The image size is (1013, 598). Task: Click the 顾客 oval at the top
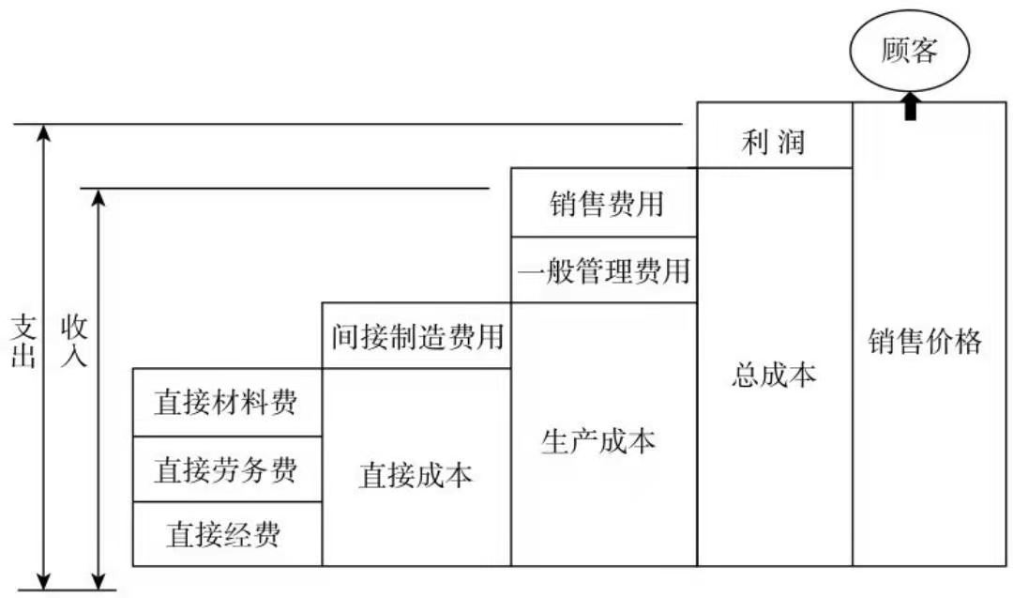coord(909,51)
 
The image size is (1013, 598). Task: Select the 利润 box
coord(774,145)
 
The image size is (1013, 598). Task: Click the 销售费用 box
coord(604,203)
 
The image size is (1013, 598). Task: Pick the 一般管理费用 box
coord(604,271)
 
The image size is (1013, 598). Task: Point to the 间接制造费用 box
coord(416,335)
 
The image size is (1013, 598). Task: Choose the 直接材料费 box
coord(227,403)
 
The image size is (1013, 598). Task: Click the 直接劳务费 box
coord(227,468)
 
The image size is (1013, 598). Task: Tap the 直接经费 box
coord(227,534)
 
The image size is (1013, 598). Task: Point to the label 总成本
coord(773,375)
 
